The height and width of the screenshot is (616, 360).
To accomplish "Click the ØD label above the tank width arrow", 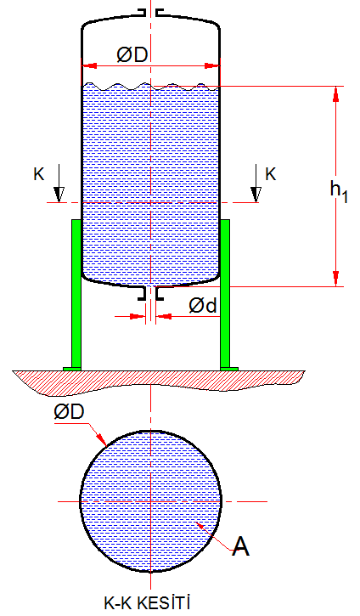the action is [132, 55].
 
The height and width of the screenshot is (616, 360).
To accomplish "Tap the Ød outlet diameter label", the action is [203, 305].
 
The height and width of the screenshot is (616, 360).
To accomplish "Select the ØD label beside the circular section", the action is [69, 412].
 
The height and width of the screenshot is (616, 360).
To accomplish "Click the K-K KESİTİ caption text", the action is [147, 602].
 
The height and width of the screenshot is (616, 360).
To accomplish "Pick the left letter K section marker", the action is [39, 173].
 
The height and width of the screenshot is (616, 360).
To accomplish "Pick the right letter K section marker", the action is [271, 173].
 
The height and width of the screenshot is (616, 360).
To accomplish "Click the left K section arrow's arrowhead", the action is [59, 195].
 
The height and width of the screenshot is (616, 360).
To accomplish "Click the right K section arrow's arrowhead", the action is [256, 195].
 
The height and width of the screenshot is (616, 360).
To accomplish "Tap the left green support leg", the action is [76, 293].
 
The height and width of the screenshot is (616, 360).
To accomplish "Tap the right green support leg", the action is [224, 293].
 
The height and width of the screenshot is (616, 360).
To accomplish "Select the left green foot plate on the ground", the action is [72, 369].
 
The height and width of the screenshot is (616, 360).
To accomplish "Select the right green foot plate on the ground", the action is [229, 369].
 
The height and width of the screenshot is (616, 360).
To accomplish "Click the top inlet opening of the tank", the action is [151, 13].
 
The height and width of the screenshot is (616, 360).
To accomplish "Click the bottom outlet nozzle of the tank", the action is [151, 293].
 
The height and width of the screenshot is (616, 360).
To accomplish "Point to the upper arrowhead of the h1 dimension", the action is [335, 94].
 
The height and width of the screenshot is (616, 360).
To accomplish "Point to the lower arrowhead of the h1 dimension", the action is [335, 278].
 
